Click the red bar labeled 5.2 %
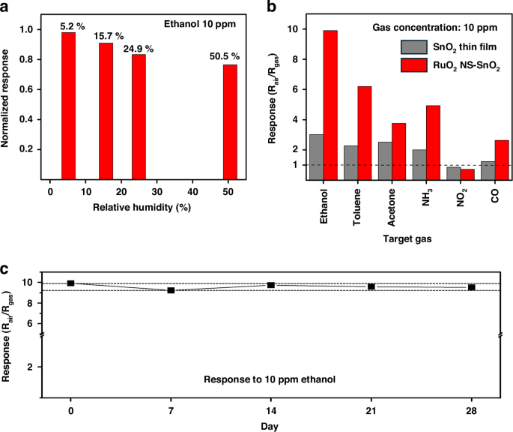(68, 106)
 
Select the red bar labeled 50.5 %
(230, 122)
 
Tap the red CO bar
(502, 160)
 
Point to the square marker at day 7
(171, 290)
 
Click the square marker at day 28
(471, 287)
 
